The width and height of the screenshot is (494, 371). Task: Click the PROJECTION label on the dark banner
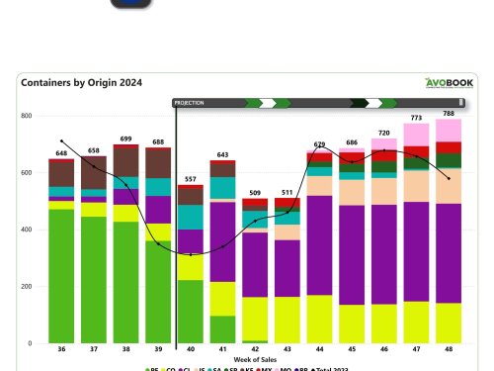point(190,102)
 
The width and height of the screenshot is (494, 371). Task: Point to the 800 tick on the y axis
point(27,116)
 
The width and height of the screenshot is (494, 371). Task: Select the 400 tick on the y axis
point(27,230)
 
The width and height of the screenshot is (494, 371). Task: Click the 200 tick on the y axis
point(27,287)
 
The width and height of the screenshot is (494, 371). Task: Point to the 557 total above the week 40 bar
point(190,178)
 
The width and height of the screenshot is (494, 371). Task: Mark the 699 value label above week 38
point(125,139)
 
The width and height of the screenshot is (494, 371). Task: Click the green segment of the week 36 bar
point(61,277)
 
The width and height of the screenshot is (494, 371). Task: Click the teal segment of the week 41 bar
point(222,188)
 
